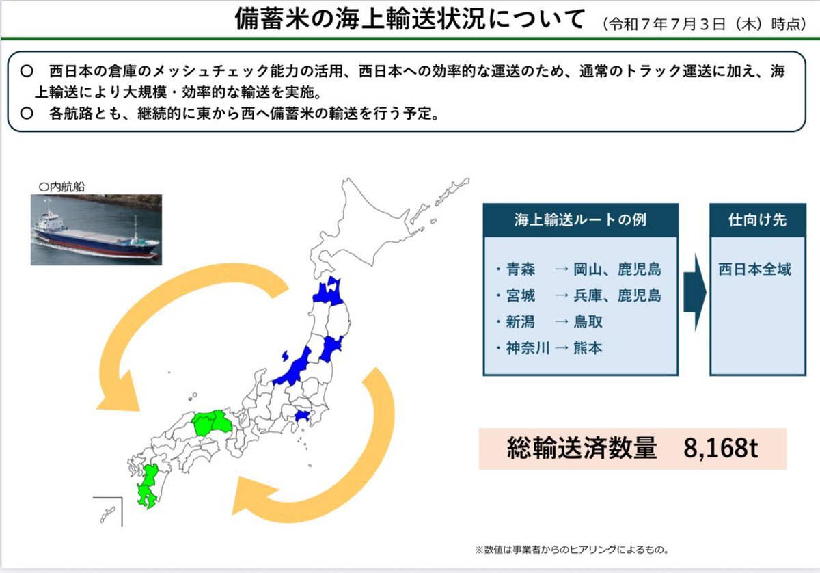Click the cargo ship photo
pyautogui.click(x=96, y=230)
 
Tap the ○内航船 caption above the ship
pyautogui.click(x=61, y=187)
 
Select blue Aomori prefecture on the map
pyautogui.click(x=329, y=293)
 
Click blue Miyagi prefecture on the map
pyautogui.click(x=331, y=349)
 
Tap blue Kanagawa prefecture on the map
pyautogui.click(x=303, y=416)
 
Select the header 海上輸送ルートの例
pyautogui.click(x=581, y=219)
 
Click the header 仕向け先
pyautogui.click(x=757, y=219)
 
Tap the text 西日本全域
pyautogui.click(x=755, y=269)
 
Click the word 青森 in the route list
pyautogui.click(x=521, y=269)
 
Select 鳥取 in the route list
pyautogui.click(x=588, y=321)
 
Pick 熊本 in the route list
pyautogui.click(x=588, y=348)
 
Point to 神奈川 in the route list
pyautogui.click(x=528, y=348)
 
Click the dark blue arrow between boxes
pyautogui.click(x=694, y=293)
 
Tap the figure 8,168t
pyautogui.click(x=720, y=449)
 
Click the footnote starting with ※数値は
pyautogui.click(x=572, y=550)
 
